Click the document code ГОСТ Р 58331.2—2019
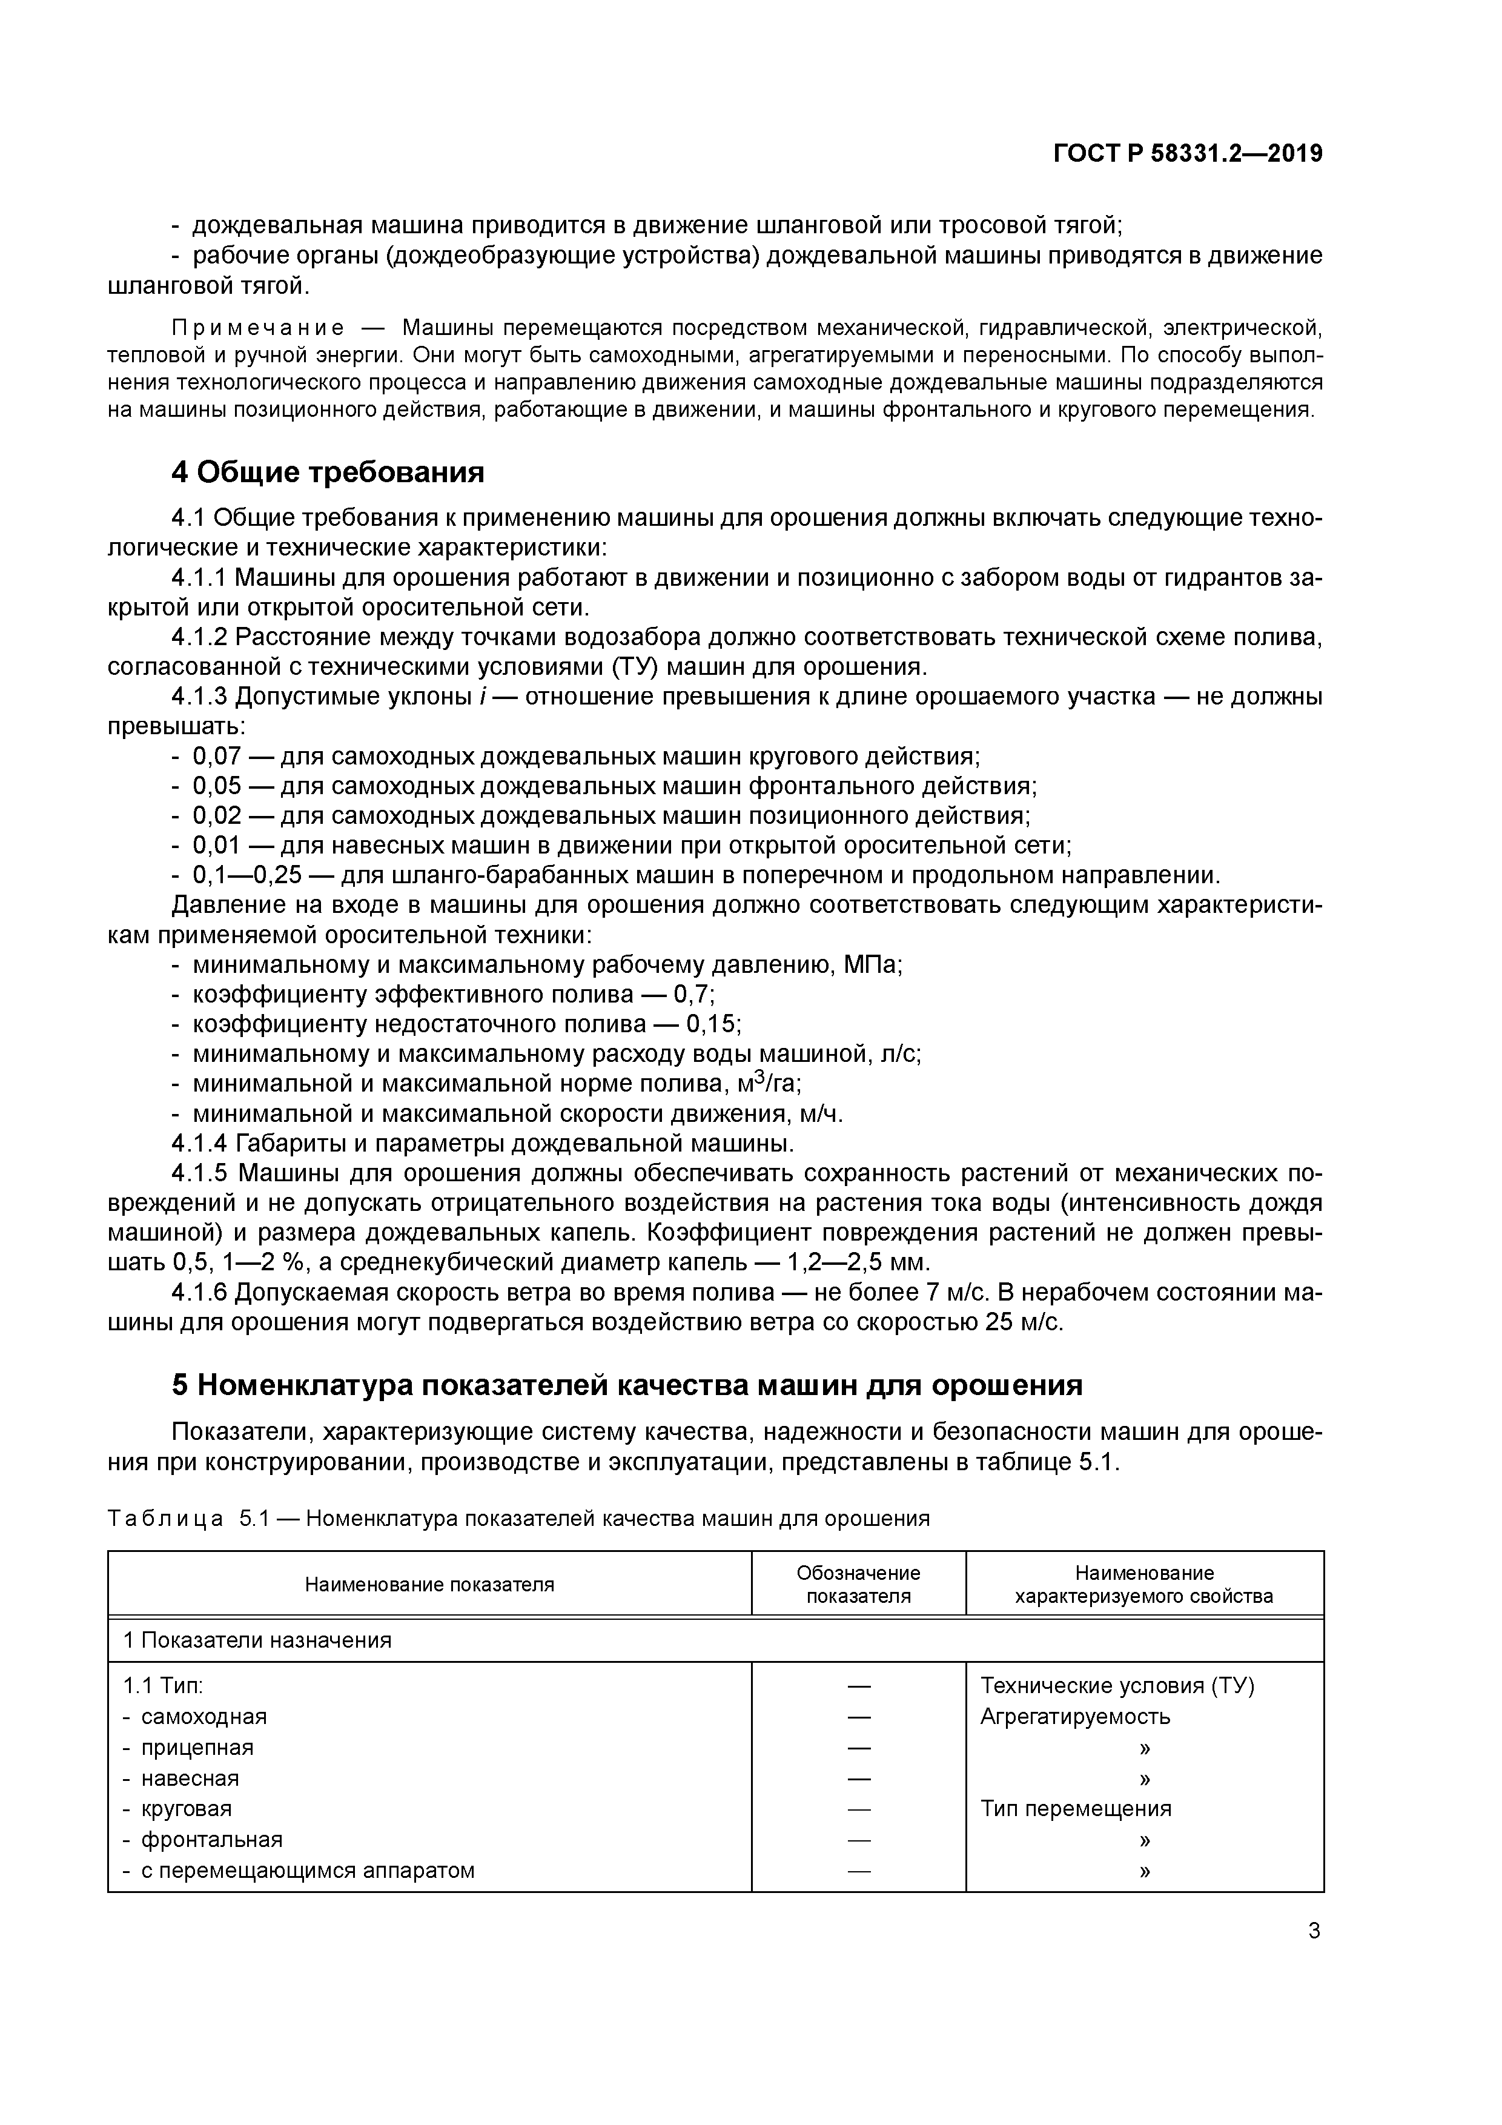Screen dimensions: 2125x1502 point(1187,154)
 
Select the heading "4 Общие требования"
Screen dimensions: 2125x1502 point(328,473)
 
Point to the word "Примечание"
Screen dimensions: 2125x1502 point(258,328)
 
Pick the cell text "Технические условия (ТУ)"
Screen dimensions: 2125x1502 point(1117,1686)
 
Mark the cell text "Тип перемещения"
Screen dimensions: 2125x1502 point(1076,1808)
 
